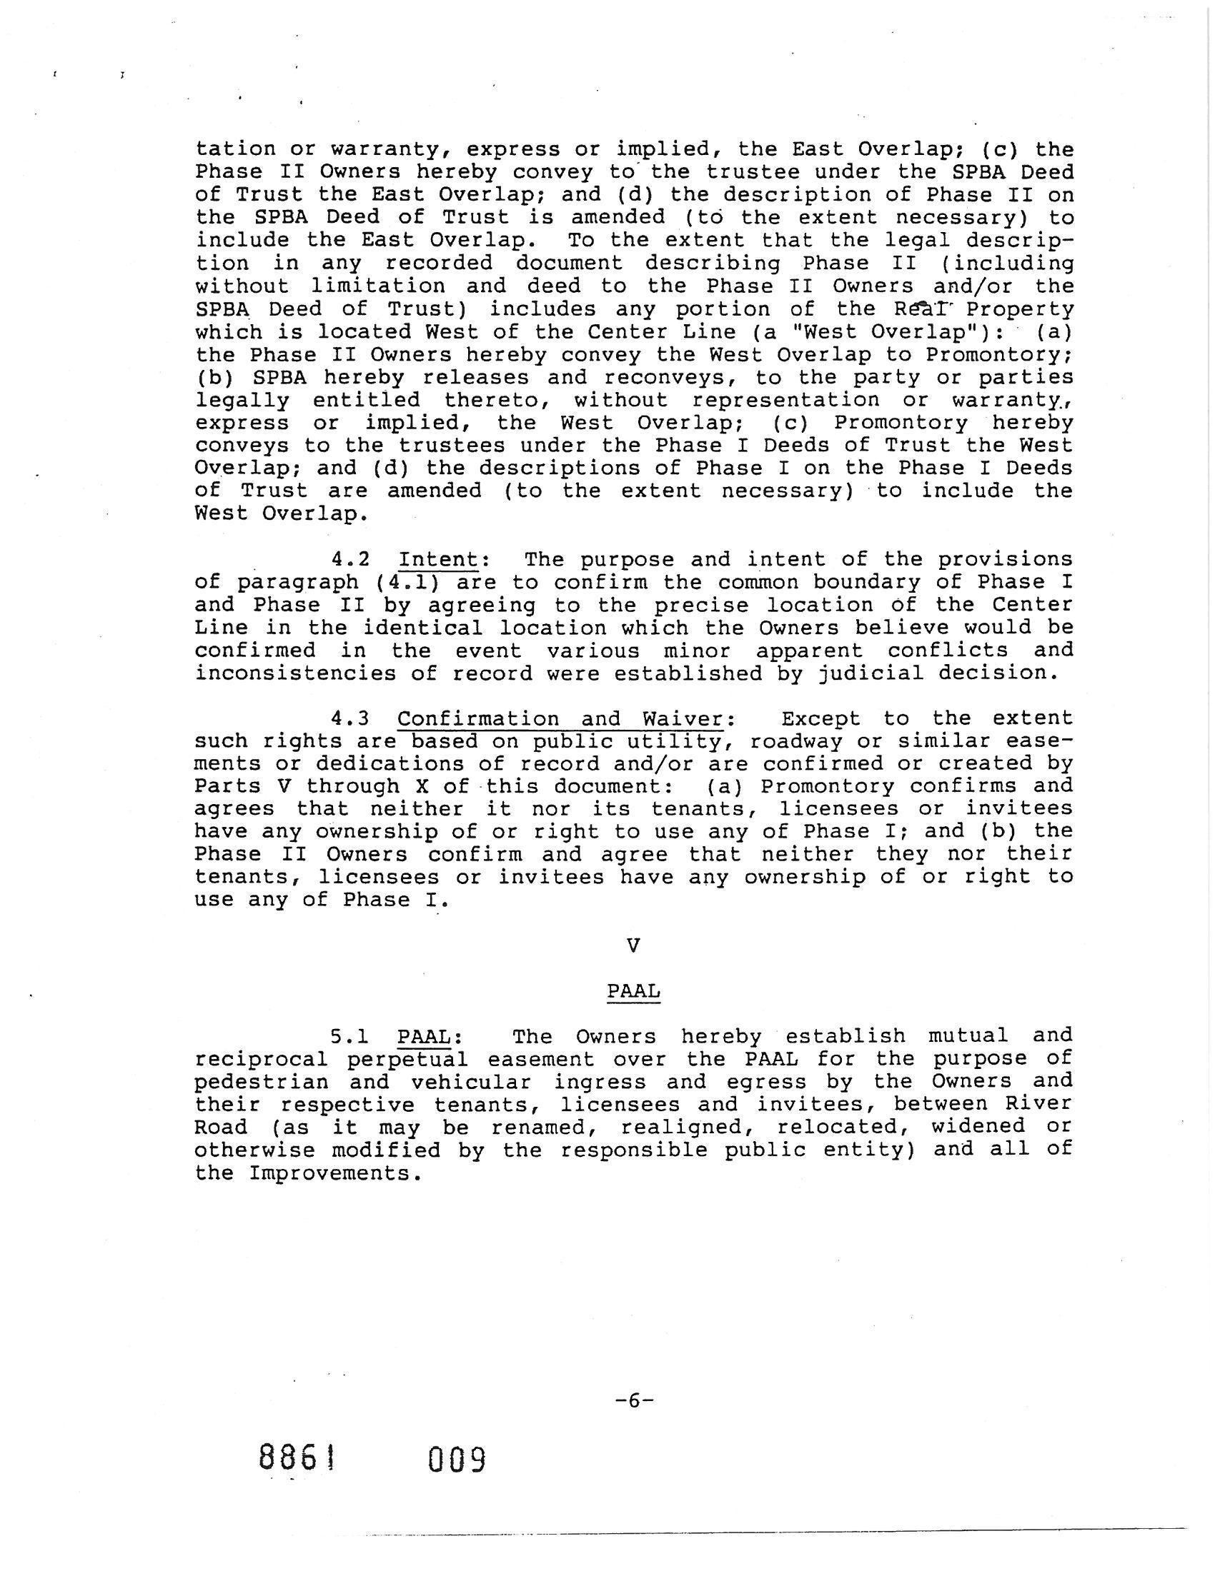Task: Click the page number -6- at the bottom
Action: point(634,1400)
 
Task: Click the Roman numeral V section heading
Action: point(633,945)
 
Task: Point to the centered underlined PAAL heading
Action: point(633,991)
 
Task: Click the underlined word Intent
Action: point(439,559)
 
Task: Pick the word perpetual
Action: point(407,1060)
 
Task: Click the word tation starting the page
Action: point(235,149)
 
